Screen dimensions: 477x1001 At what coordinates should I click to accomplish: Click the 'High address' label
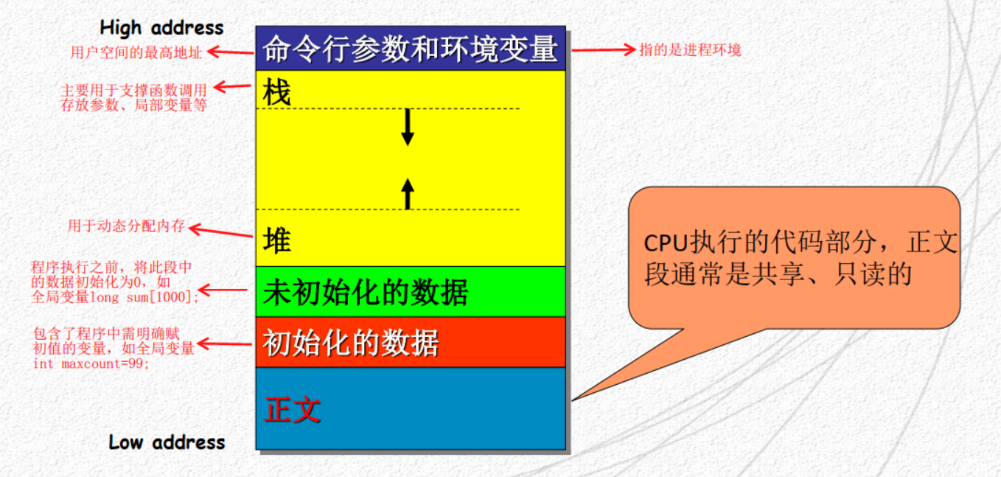(161, 28)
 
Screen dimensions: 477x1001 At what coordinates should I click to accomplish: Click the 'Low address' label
(167, 442)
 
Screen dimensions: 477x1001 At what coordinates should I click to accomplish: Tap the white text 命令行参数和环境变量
(410, 49)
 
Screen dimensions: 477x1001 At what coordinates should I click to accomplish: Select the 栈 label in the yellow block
(276, 94)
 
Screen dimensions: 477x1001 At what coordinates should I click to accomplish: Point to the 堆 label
(277, 241)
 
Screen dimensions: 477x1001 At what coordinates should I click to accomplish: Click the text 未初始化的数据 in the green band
(366, 293)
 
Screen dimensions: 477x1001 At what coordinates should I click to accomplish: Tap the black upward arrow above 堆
(408, 193)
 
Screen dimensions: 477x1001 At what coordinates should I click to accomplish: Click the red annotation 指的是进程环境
(690, 50)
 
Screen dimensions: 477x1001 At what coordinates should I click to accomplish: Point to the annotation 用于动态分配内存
(126, 226)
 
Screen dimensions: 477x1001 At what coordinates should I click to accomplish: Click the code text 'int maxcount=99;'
(91, 363)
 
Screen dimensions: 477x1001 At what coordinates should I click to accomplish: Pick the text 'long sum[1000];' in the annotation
(144, 297)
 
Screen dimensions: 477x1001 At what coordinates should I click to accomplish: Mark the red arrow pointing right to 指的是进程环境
(603, 50)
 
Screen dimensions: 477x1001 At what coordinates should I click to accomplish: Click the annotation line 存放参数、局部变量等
(133, 105)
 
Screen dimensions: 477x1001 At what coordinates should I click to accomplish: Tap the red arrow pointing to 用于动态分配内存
(220, 232)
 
